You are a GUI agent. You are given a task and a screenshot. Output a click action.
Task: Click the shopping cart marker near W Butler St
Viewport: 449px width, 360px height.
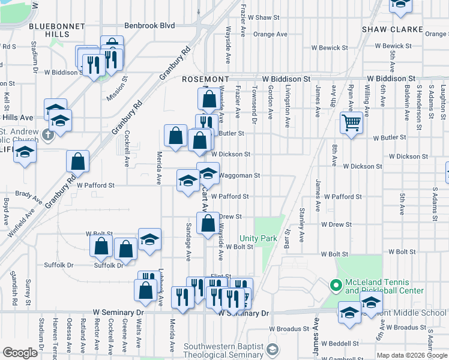351,123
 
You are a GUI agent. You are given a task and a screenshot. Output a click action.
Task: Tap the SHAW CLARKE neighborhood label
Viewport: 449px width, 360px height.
385,29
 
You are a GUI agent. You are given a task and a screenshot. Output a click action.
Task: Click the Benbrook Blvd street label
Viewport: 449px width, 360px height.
149,26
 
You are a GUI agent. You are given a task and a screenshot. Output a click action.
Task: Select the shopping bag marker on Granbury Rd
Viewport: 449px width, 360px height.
77,161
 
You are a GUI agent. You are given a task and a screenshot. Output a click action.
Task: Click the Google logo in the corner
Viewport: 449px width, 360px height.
19,353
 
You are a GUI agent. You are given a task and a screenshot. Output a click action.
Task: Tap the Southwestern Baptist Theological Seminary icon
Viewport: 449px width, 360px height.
273,350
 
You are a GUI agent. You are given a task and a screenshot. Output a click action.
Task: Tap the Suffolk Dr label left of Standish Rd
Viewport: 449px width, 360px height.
58,265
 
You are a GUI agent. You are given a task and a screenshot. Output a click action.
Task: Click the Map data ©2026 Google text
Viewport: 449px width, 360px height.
412,355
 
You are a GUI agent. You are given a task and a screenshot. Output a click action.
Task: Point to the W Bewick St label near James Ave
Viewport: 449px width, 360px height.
330,47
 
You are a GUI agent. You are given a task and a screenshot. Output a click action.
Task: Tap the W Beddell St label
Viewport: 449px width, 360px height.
340,343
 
